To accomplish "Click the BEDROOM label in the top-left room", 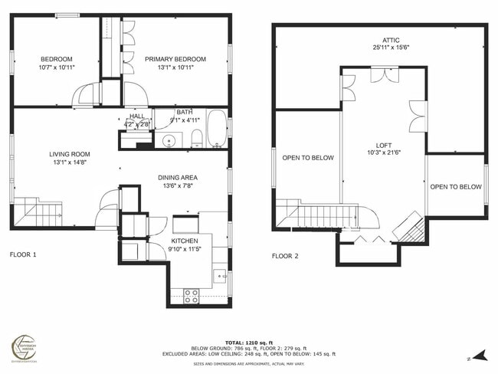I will click(56, 59).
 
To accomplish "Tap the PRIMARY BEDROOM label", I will click(176, 59).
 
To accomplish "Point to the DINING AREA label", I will click(178, 177).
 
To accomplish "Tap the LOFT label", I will click(383, 145).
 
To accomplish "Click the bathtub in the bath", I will click(217, 129).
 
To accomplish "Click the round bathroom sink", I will click(168, 141).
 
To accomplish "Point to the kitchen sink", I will click(220, 275).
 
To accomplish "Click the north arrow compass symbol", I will click(479, 354).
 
